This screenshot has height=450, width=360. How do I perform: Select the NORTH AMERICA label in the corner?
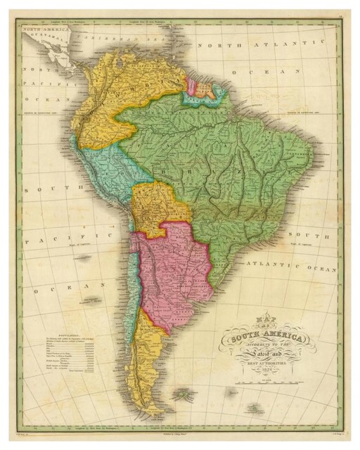pos(42,30)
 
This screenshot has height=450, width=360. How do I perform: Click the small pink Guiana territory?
pos(190,86)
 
